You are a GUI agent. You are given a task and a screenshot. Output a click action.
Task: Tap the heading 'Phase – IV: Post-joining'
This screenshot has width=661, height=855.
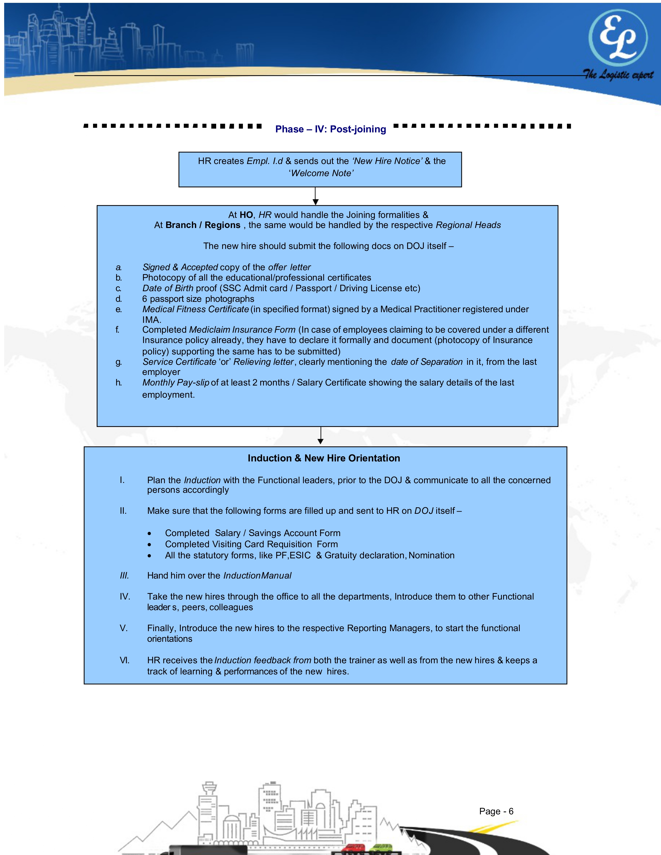[x=330, y=129]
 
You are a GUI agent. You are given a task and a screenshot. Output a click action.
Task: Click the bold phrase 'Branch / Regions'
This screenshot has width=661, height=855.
[x=203, y=225]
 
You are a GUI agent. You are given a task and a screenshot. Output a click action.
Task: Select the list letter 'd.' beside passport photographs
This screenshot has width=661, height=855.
[x=119, y=299]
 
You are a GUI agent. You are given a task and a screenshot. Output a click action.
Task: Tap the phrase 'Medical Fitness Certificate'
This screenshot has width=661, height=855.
[x=195, y=309]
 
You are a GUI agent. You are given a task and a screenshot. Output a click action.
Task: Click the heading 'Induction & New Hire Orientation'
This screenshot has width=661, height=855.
[x=324, y=458]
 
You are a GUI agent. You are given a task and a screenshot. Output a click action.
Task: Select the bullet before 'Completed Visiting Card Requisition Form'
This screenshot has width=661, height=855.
[x=149, y=545]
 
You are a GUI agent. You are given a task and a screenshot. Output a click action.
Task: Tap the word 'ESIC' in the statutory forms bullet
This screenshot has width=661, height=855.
[x=300, y=555]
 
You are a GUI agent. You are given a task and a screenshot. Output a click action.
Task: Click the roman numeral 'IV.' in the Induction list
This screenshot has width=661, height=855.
[x=125, y=597]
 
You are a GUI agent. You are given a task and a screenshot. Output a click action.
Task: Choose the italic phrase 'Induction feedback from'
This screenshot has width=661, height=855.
[x=263, y=660]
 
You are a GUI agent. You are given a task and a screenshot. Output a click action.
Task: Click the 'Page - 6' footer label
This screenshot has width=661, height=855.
[x=496, y=811]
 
